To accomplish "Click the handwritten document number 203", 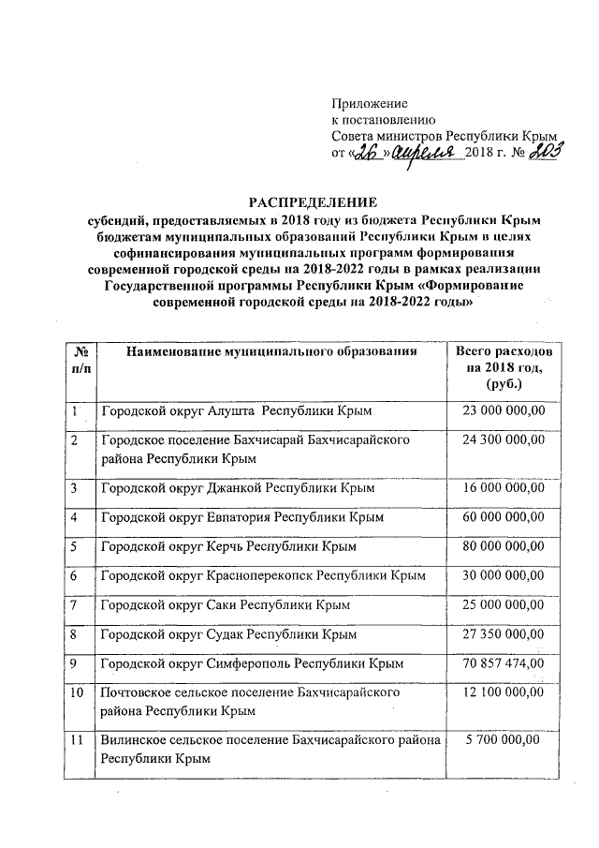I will [544, 152].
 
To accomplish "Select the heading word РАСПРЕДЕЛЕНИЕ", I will [313, 202].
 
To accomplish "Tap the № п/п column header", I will [80, 359].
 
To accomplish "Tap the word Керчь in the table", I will [220, 545].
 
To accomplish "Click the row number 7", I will [74, 604].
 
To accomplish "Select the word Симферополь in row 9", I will [249, 664].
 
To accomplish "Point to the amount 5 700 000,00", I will [504, 740].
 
